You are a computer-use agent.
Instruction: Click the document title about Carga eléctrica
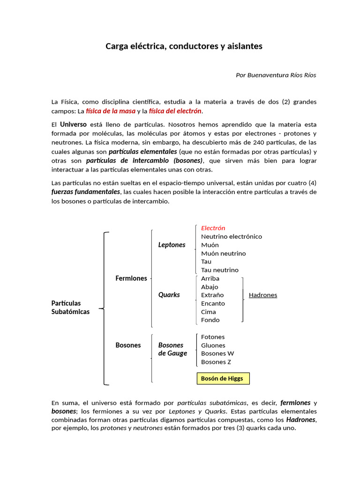pos(184,46)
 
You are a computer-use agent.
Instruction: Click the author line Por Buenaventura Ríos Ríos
pos(276,75)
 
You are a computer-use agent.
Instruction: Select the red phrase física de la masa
pos(111,111)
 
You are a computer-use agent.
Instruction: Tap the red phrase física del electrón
pos(175,111)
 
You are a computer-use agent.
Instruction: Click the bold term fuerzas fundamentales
pos(85,192)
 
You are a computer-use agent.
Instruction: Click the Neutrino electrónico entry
pos(231,236)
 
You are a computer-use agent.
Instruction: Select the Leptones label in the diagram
pos(172,245)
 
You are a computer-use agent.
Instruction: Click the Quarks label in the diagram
pos(169,295)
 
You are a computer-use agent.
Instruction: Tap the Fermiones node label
pos(131,278)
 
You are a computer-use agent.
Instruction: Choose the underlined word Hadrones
pos(262,295)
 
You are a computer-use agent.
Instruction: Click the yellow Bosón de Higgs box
pos(222,378)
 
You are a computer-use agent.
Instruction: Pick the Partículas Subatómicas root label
pos(70,307)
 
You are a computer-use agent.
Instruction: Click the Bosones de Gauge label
pos(172,349)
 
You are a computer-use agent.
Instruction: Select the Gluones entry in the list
pos(213,345)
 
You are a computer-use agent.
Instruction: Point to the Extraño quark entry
pos(212,295)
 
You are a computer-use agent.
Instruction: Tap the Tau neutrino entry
pos(219,270)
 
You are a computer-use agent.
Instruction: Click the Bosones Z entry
pos(216,362)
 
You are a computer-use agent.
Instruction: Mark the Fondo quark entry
pos(210,320)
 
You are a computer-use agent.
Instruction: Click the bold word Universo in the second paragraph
pos(73,124)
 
